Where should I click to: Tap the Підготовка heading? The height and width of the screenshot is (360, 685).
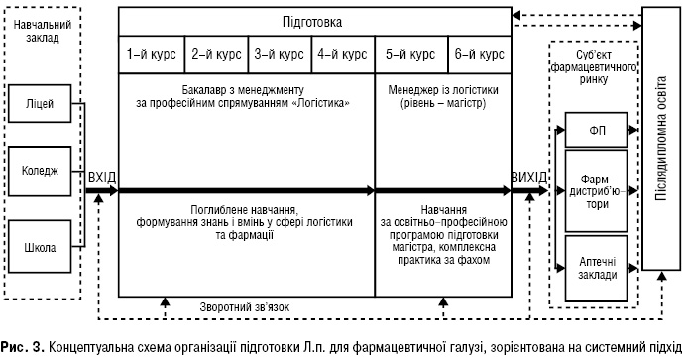pyautogui.click(x=313, y=20)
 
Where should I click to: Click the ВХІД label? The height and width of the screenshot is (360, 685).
pyautogui.click(x=102, y=178)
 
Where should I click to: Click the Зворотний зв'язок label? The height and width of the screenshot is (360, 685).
pyautogui.click(x=244, y=306)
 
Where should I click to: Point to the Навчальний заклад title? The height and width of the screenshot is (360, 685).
pyautogui.click(x=41, y=29)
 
